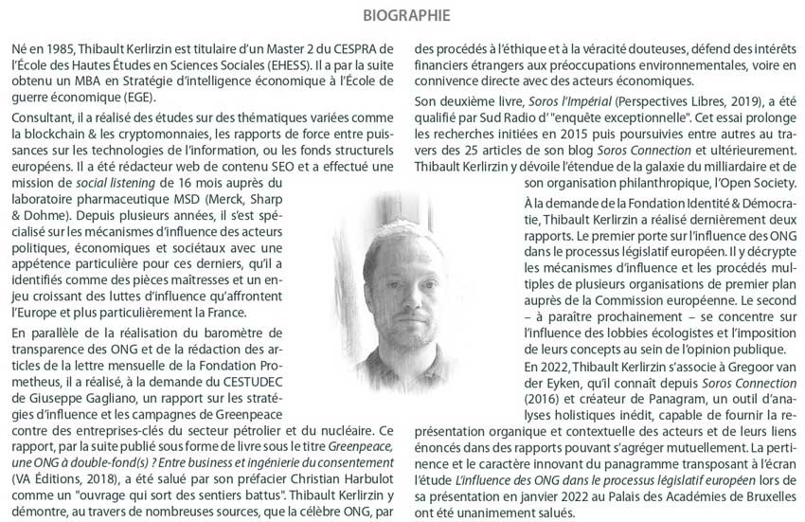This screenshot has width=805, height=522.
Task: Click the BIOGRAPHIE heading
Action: (402, 16)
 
